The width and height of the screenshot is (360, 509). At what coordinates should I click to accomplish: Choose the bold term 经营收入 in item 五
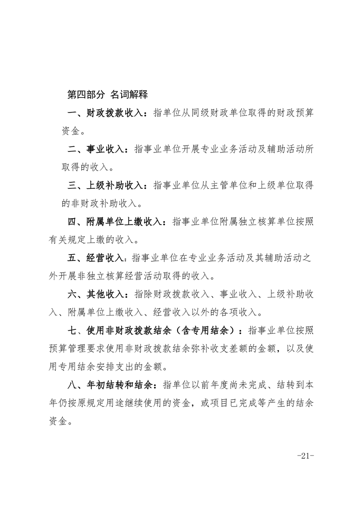point(104,258)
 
